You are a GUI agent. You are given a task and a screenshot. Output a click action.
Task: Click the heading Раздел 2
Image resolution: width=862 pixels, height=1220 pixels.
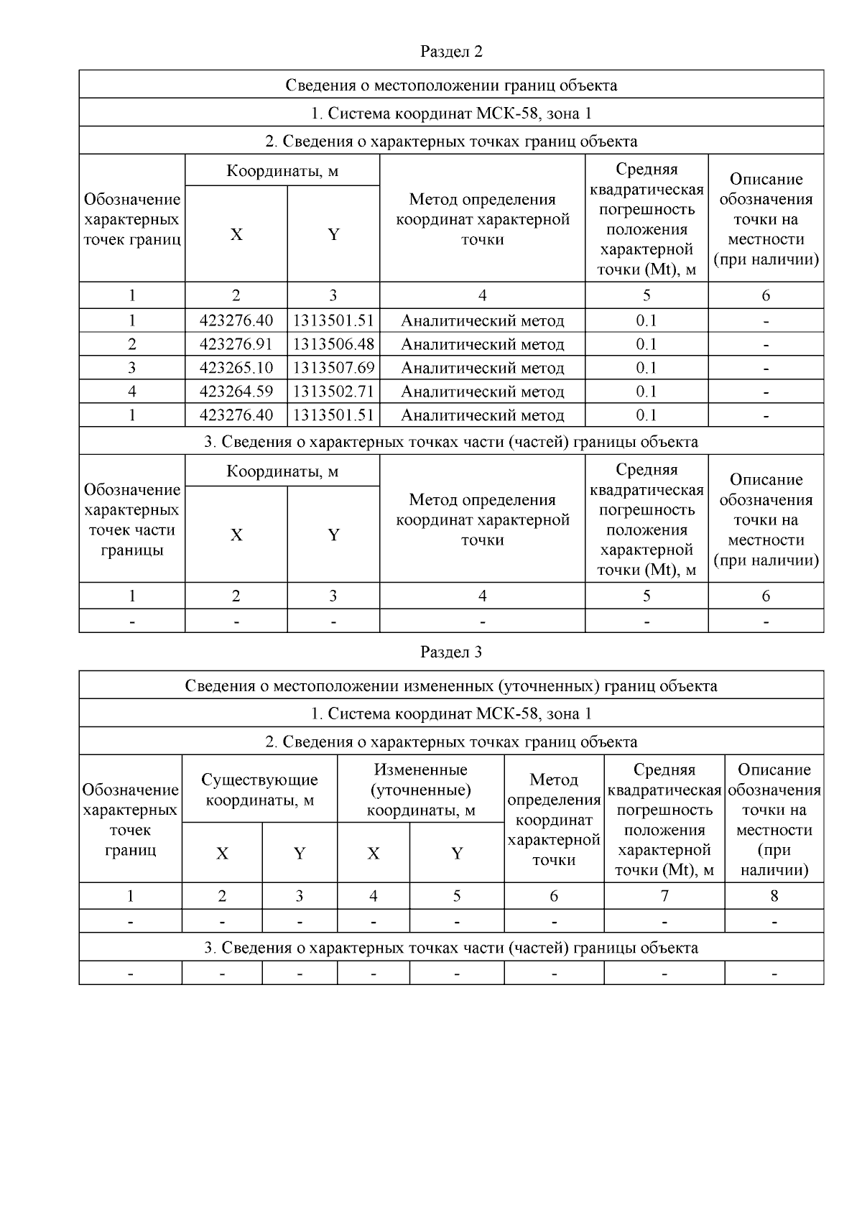451,52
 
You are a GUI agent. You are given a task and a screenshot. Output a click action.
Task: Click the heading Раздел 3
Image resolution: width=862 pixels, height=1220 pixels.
451,652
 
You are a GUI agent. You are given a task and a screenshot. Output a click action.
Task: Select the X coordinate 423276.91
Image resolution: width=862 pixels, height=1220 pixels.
236,344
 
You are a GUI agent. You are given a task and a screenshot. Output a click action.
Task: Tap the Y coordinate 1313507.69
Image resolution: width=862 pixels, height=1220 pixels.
333,368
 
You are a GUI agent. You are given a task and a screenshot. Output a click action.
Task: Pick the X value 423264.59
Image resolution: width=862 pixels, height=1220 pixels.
236,392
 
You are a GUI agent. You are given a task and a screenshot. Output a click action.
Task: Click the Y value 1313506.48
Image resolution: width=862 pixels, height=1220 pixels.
333,344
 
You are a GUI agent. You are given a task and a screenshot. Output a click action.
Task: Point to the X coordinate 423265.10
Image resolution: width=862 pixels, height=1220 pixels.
236,368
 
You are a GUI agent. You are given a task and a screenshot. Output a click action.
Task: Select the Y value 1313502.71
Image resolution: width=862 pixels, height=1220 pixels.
333,392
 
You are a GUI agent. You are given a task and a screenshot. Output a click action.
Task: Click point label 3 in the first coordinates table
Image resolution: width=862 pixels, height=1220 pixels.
132,368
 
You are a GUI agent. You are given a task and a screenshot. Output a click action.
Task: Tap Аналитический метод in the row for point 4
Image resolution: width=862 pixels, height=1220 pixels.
482,392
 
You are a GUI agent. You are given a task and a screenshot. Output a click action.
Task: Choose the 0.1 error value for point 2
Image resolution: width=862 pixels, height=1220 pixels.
646,344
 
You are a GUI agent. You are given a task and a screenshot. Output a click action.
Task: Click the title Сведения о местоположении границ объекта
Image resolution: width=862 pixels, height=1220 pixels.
451,86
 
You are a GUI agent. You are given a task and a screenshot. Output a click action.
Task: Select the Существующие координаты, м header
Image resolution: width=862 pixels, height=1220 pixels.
259,790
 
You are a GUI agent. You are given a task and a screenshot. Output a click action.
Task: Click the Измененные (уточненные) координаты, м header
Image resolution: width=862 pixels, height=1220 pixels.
421,790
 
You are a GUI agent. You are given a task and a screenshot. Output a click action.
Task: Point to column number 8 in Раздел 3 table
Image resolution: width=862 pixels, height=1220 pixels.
774,896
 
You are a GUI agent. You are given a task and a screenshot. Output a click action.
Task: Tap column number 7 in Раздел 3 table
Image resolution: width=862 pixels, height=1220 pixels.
664,896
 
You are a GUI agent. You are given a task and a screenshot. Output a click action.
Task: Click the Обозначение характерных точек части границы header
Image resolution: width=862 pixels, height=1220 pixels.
132,519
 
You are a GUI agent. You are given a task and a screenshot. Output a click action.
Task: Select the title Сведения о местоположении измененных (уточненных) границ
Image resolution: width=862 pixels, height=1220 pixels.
451,686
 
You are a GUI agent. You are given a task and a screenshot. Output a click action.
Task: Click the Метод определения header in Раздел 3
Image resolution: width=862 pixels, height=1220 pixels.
554,819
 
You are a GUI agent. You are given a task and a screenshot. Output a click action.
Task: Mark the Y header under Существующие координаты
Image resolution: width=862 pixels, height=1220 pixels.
300,854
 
